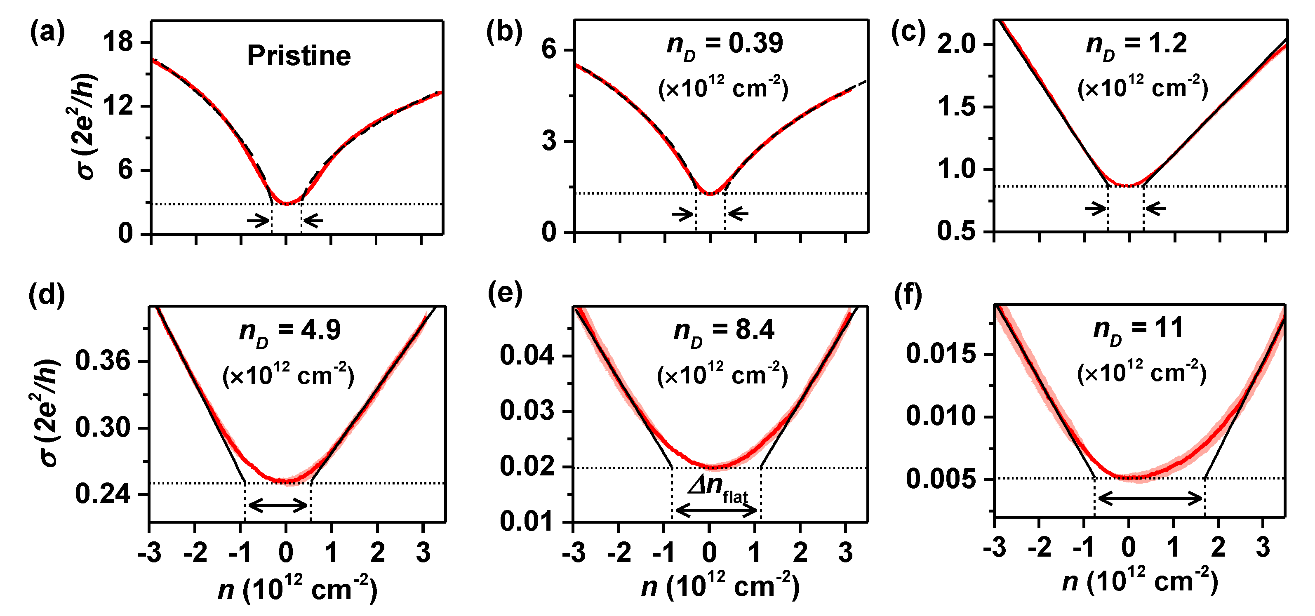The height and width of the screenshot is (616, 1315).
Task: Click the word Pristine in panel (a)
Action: pyautogui.click(x=299, y=56)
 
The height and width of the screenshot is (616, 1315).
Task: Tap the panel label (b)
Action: pyautogui.click(x=504, y=33)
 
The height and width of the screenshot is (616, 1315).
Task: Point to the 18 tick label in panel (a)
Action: pyautogui.click(x=118, y=41)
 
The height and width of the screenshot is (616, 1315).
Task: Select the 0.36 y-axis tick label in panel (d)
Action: pyautogui.click(x=103, y=361)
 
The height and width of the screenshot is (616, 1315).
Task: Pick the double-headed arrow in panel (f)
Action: pyautogui.click(x=1150, y=498)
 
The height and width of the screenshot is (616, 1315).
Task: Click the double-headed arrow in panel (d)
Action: pyautogui.click(x=278, y=506)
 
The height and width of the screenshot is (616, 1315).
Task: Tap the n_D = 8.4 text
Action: pyautogui.click(x=724, y=331)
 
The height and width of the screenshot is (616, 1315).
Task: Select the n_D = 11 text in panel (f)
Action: pyautogui.click(x=1139, y=328)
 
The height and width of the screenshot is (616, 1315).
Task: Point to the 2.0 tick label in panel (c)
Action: pyautogui.click(x=957, y=45)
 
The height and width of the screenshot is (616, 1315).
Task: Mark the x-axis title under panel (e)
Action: pyautogui.click(x=720, y=586)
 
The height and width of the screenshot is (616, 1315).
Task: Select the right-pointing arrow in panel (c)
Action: pyautogui.click(x=1096, y=208)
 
